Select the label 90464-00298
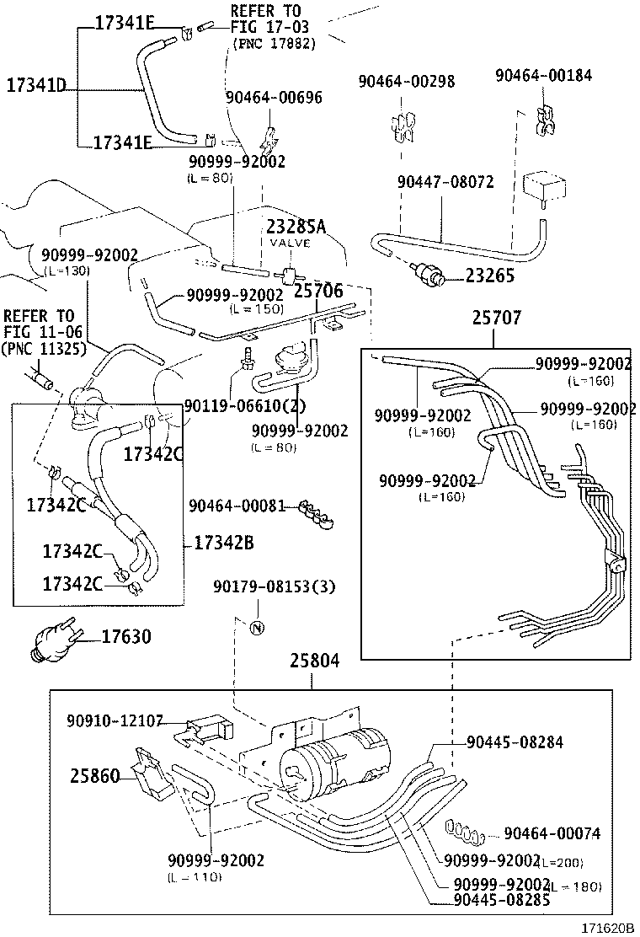click(407, 82)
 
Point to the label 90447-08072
click(445, 182)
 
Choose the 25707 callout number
click(496, 319)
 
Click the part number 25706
click(317, 291)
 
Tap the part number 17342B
click(223, 543)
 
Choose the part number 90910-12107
click(116, 721)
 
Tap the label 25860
click(95, 775)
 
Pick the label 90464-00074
click(552, 833)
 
